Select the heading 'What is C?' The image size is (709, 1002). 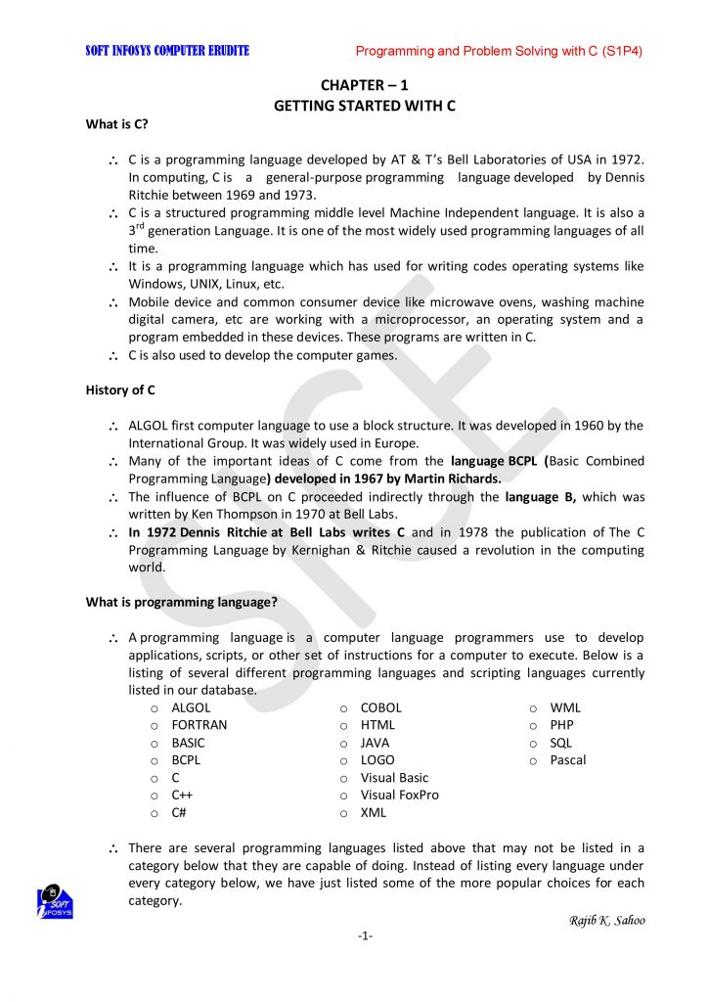pyautogui.click(x=117, y=124)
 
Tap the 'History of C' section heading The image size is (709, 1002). pyautogui.click(x=120, y=390)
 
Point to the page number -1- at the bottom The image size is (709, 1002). pyautogui.click(x=365, y=936)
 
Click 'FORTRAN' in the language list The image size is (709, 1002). pyautogui.click(x=199, y=725)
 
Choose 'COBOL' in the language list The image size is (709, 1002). pyautogui.click(x=380, y=707)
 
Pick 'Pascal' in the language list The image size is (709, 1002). pyautogui.click(x=568, y=760)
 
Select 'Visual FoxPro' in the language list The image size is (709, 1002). pyautogui.click(x=399, y=796)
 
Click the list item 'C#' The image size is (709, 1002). pyautogui.click(x=179, y=813)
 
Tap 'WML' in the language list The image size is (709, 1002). pyautogui.click(x=565, y=707)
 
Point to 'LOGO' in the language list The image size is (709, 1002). pyautogui.click(x=377, y=760)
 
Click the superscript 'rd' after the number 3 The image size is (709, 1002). pyautogui.click(x=141, y=226)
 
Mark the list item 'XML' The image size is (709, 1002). pyautogui.click(x=374, y=813)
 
